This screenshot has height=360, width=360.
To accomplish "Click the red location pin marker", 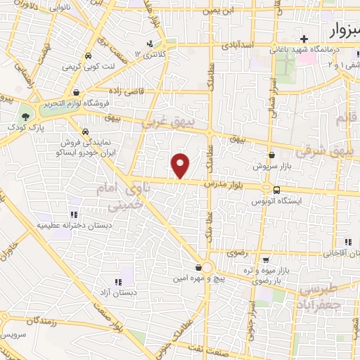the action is point(181,165).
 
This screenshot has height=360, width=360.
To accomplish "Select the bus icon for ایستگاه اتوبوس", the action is point(276,190).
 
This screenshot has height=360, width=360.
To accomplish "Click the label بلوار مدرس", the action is point(224,183).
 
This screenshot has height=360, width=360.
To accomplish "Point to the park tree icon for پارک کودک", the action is point(26,115).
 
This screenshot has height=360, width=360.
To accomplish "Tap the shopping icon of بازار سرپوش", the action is point(271,155).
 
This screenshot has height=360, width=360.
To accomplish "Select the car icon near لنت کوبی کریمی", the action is point(86,56).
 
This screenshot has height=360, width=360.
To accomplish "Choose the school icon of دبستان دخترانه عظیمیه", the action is point(73,214).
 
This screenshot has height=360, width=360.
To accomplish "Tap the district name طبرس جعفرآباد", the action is point(327,295).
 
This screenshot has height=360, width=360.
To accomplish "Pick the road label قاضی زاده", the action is point(127,91).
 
